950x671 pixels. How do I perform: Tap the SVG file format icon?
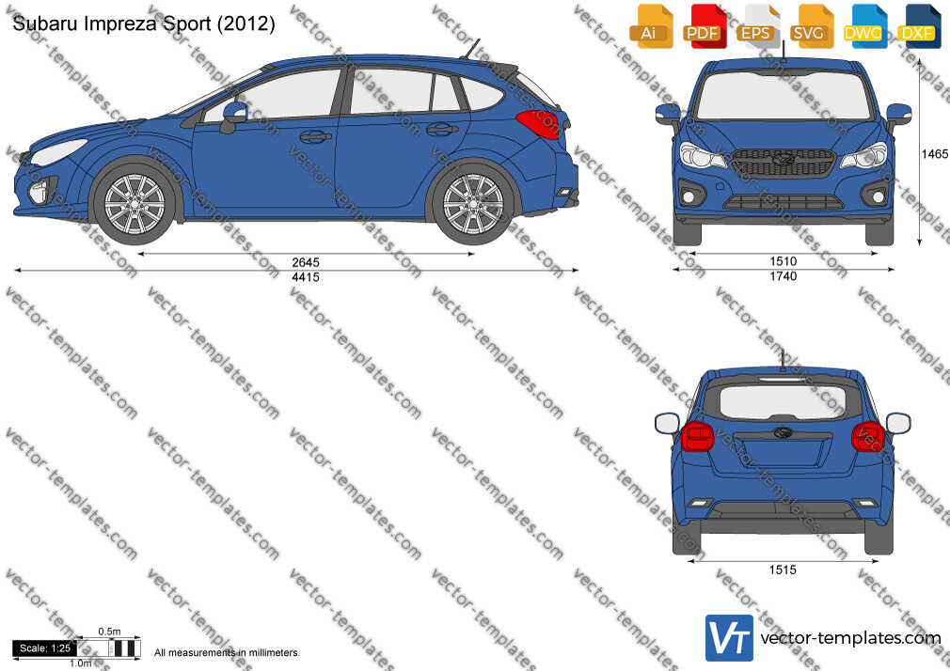click(x=812, y=26)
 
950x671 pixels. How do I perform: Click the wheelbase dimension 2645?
click(x=306, y=262)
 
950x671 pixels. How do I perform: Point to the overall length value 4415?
click(x=306, y=276)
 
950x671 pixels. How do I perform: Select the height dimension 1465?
click(x=934, y=154)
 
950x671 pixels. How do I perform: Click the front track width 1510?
click(x=784, y=261)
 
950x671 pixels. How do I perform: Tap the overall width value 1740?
click(x=784, y=276)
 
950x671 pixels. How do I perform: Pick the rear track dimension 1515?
click(x=783, y=570)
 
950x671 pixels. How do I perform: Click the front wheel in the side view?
click(x=135, y=204)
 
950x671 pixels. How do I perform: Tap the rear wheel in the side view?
click(x=473, y=204)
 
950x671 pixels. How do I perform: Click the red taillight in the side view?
click(x=538, y=124)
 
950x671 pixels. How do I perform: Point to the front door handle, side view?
click(x=316, y=137)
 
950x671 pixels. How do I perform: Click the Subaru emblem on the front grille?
click(x=784, y=159)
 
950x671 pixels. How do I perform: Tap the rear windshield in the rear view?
click(x=783, y=403)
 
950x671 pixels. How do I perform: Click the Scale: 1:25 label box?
click(x=45, y=648)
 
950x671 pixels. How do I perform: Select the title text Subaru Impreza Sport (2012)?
click(x=144, y=23)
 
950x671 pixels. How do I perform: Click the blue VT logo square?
click(x=730, y=638)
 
